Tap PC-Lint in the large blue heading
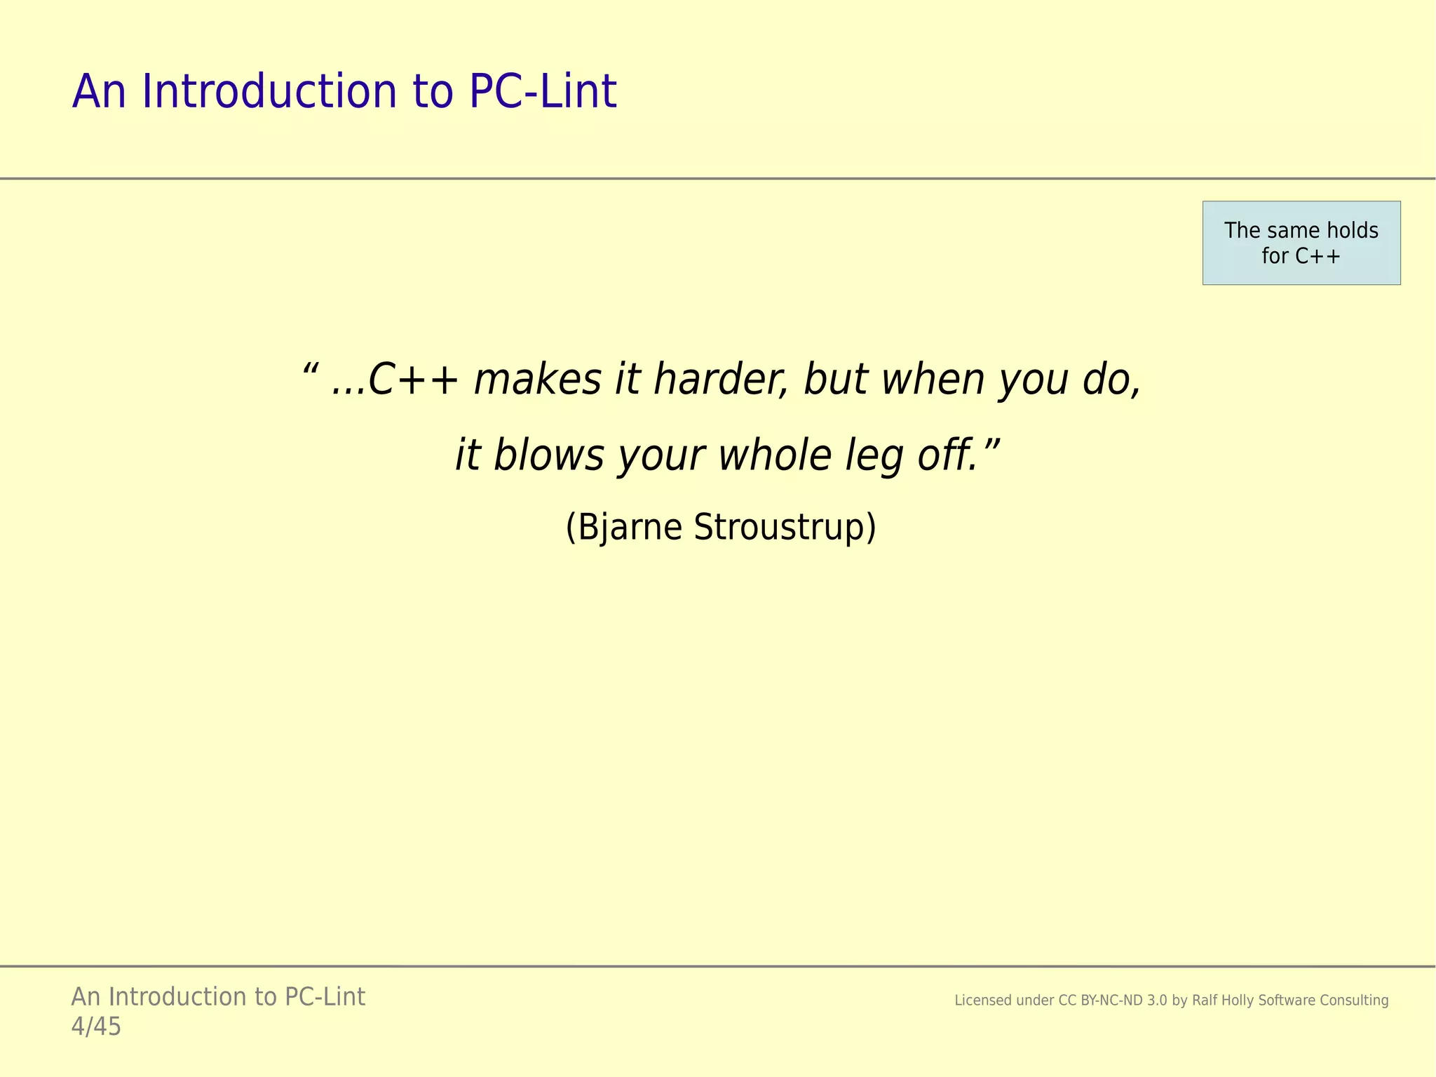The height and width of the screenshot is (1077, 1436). click(x=543, y=92)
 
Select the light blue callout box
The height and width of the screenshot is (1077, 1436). click(x=1301, y=243)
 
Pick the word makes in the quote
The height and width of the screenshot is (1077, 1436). click(x=538, y=380)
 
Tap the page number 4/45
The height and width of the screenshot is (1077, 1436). click(x=96, y=1027)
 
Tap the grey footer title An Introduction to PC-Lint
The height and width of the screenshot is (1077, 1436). click(x=218, y=997)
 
